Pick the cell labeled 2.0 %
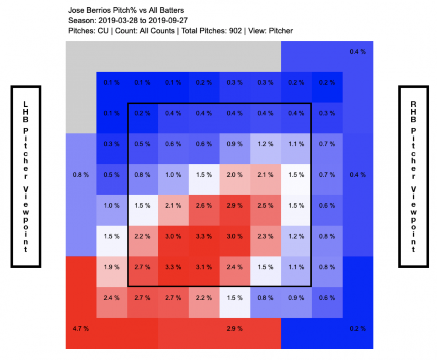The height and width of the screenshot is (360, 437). tap(234, 175)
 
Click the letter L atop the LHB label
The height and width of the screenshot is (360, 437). tap(25, 103)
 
